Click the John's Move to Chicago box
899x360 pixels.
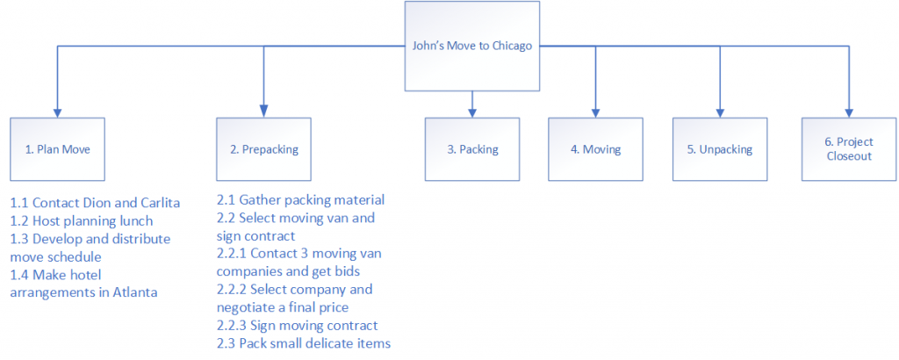click(x=472, y=46)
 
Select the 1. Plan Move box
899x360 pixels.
click(x=59, y=149)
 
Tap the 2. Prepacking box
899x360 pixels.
click(x=263, y=149)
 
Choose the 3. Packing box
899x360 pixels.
click(x=472, y=149)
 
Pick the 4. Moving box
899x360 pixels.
click(x=596, y=149)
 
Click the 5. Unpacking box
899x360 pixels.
click(x=720, y=149)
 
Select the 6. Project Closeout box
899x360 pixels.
click(x=848, y=149)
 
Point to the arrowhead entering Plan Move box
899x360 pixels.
click(x=58, y=112)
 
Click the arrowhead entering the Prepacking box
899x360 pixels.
click(x=263, y=112)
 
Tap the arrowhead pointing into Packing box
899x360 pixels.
click(x=472, y=112)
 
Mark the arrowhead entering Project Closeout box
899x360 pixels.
click(x=848, y=112)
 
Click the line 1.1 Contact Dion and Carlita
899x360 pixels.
click(x=95, y=202)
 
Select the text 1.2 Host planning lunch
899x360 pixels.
click(x=82, y=220)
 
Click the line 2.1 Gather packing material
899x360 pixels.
click(x=300, y=200)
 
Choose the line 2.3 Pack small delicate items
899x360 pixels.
click(x=304, y=342)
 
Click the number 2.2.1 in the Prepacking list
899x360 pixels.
click(x=234, y=253)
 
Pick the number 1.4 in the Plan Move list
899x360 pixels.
click(x=19, y=274)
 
